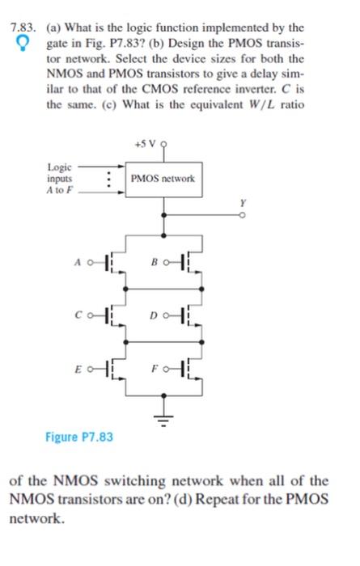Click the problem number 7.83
(20, 29)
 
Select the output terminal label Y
(241, 205)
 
